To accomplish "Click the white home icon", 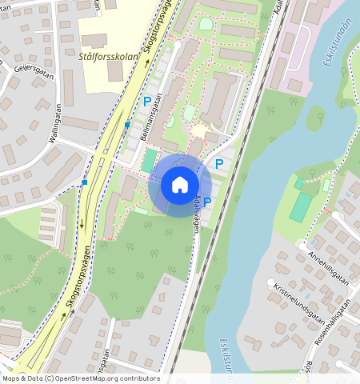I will (x=180, y=185).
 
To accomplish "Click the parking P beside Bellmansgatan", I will (x=146, y=102).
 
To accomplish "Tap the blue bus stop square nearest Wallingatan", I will (x=85, y=182).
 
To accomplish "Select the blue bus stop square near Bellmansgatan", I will (x=127, y=125).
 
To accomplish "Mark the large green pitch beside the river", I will (x=301, y=207).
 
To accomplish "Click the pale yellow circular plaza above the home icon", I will (x=198, y=130).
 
